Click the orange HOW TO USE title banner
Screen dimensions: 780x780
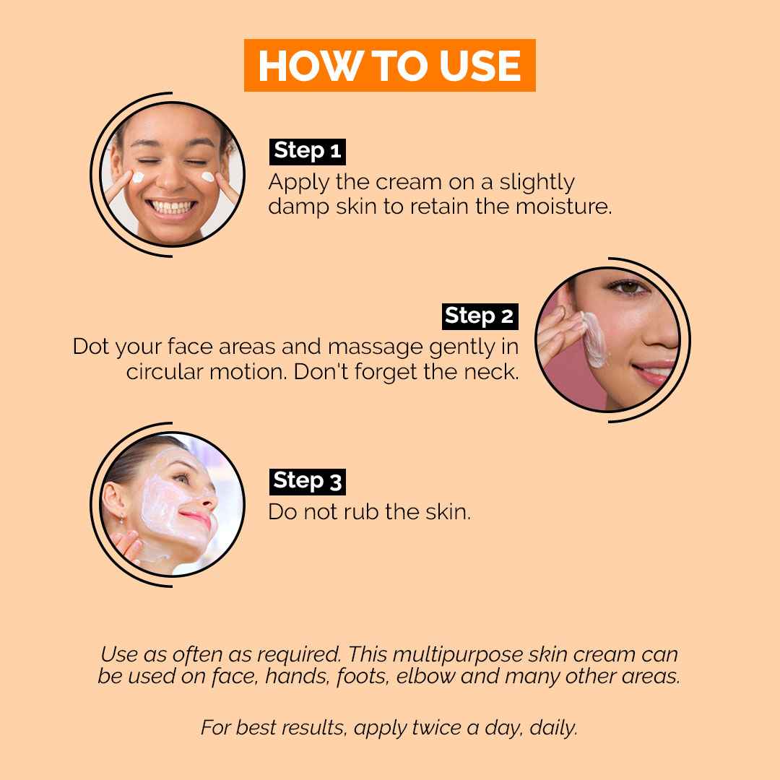[x=389, y=65]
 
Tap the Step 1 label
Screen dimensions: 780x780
[x=308, y=151]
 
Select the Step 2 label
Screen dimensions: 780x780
[x=480, y=316]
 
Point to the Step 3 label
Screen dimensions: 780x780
[x=308, y=482]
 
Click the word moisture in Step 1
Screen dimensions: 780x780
[x=563, y=207]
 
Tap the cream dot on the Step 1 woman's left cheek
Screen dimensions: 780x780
[x=208, y=177]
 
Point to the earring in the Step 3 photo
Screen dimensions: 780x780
[x=121, y=519]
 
